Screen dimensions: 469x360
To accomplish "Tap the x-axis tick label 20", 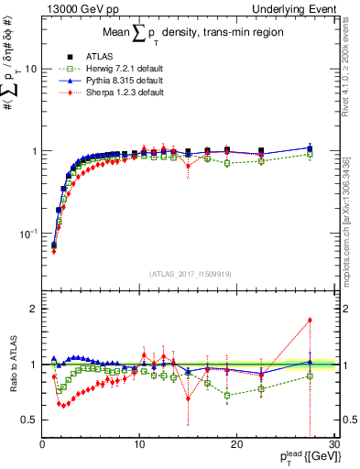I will click(x=236, y=443).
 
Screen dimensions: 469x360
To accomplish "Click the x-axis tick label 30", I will click(x=333, y=443).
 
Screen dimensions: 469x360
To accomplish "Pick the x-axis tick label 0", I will click(x=42, y=443).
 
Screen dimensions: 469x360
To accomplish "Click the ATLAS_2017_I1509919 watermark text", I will click(x=190, y=274).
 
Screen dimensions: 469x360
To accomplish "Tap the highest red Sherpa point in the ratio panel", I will click(x=310, y=320).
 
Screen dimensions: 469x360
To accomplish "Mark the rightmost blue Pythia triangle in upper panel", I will click(x=310, y=147).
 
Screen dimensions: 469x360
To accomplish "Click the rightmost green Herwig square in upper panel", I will click(x=310, y=154).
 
